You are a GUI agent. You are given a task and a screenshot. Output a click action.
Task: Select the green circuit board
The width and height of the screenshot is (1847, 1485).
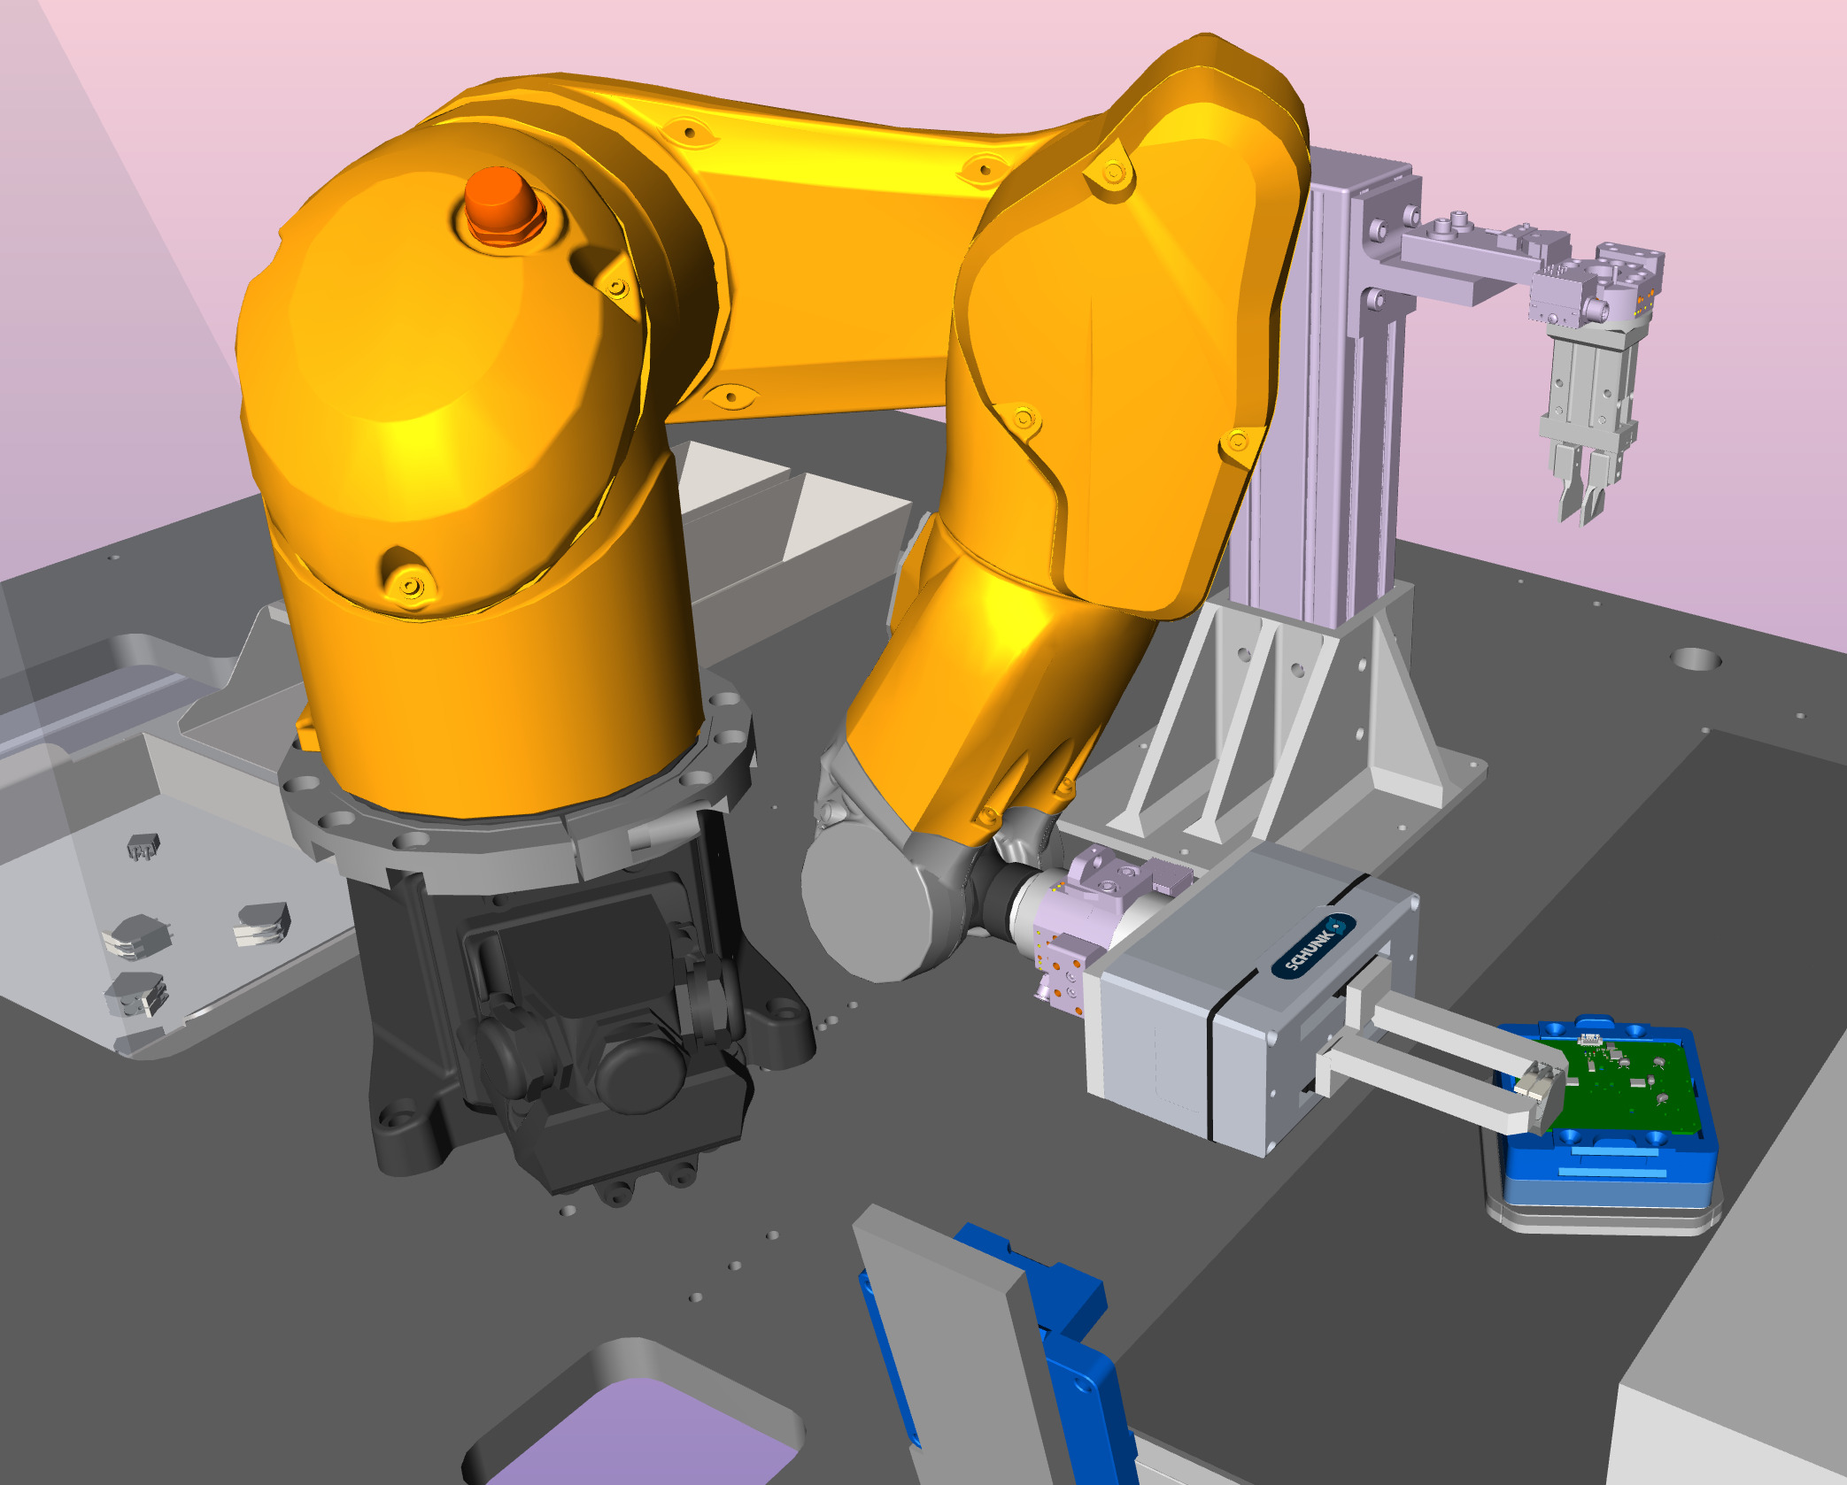pyautogui.click(x=1611, y=1084)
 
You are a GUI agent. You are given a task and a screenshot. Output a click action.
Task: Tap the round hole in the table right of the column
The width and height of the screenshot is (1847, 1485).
pyautogui.click(x=1696, y=659)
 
